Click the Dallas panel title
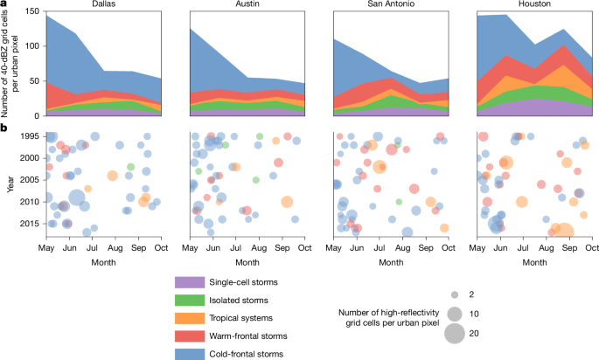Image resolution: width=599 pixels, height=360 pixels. coord(103,3)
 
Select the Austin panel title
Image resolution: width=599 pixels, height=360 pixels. coord(247,3)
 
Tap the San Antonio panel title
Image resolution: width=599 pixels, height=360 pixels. coord(391,3)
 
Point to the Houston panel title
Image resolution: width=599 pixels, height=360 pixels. coord(534,3)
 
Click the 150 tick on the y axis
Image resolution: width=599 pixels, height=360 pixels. coord(33,11)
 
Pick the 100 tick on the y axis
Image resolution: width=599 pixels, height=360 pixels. coord(33,46)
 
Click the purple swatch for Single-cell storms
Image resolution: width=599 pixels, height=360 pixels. coord(190,282)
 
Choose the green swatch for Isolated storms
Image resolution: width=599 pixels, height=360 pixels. coord(190,301)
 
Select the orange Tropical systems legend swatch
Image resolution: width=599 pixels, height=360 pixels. coord(190,318)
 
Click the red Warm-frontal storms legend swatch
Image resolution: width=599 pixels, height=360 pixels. coord(190,336)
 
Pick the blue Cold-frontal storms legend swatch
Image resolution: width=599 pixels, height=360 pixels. coord(190,354)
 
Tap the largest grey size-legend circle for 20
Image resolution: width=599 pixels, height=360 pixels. coord(455,334)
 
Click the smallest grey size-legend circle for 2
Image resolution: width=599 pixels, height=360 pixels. coord(455,294)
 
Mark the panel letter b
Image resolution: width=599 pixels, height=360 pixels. coord(3,128)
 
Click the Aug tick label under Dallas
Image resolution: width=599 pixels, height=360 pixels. coord(115,248)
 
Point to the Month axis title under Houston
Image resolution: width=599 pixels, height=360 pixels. coord(534,263)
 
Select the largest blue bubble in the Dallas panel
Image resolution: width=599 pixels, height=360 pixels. coord(76,197)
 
